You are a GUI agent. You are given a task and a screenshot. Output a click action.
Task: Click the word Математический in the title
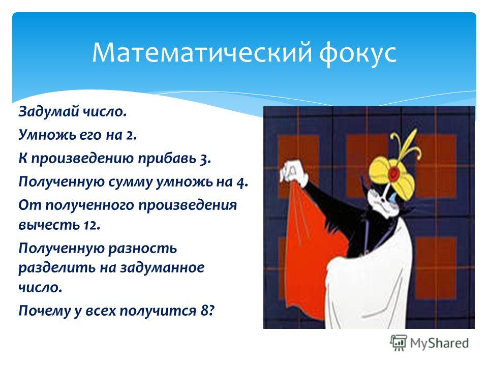pyautogui.click(x=202, y=52)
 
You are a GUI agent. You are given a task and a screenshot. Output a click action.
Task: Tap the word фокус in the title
pyautogui.click(x=358, y=53)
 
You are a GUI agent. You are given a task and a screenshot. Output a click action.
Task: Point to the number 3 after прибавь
pyautogui.click(x=205, y=159)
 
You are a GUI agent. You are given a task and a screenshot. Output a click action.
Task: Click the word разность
pyautogui.click(x=142, y=249)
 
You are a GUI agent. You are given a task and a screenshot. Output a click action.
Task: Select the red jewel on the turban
pyautogui.click(x=395, y=172)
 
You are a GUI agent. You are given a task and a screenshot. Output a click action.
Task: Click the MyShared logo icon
pyautogui.click(x=399, y=343)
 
